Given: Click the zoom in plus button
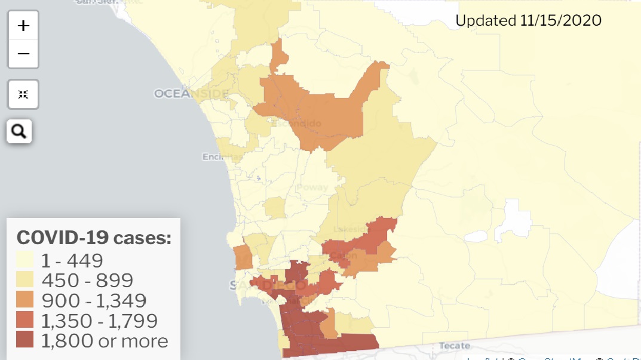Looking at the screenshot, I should [23, 26].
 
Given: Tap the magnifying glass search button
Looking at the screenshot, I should [19, 131].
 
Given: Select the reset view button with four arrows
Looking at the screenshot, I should [23, 94].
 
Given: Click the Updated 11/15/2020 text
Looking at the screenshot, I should [528, 20].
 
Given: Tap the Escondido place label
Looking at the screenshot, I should [297, 124].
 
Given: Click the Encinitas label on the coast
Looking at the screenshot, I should [222, 157].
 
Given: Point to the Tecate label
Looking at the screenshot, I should [454, 346].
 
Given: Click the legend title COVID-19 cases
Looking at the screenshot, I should [94, 238].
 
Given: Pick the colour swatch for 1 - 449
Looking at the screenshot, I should [25, 260].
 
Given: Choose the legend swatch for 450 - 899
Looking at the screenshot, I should [25, 280].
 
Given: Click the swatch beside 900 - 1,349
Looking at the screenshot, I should [25, 300].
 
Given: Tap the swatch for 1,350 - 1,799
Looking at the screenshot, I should [25, 321].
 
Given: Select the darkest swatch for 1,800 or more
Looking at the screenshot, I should [25, 341].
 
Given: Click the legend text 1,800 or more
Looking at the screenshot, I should [105, 341].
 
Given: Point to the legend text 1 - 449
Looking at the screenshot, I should [72, 260].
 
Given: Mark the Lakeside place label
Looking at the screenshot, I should [351, 229].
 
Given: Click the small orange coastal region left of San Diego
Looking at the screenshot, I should [243, 257].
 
